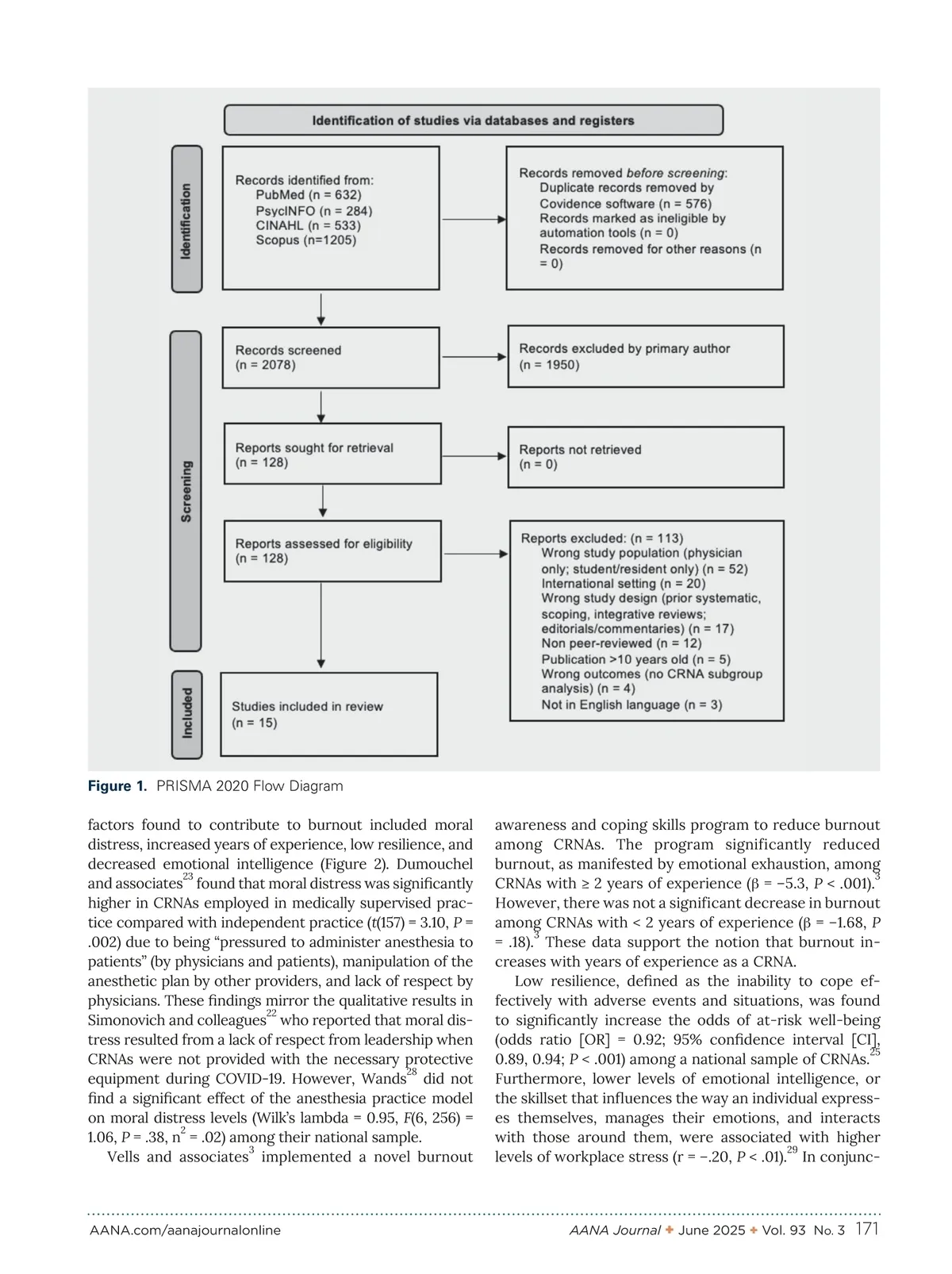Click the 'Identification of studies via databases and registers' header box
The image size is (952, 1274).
click(473, 121)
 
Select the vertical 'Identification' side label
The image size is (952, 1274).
click(186, 220)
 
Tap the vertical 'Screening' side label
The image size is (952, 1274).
click(186, 491)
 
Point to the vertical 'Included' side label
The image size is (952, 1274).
click(187, 713)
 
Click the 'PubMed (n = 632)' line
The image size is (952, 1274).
click(308, 195)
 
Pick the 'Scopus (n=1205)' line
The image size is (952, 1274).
click(305, 240)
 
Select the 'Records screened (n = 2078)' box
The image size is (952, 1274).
click(331, 358)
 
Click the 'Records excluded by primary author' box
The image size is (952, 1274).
click(645, 357)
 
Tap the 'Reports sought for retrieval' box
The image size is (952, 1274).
click(332, 455)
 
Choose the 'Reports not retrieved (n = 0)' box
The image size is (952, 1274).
click(645, 457)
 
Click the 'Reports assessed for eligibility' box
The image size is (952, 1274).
click(332, 551)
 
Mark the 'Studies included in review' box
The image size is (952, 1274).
click(328, 714)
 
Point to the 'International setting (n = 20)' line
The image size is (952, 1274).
click(623, 584)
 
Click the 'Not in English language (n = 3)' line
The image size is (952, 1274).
click(631, 705)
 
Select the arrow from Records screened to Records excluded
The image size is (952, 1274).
click(474, 358)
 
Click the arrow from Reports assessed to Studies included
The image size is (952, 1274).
click(321, 627)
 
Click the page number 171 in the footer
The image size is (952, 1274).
click(867, 1230)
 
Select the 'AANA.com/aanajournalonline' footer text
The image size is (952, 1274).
click(185, 1230)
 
